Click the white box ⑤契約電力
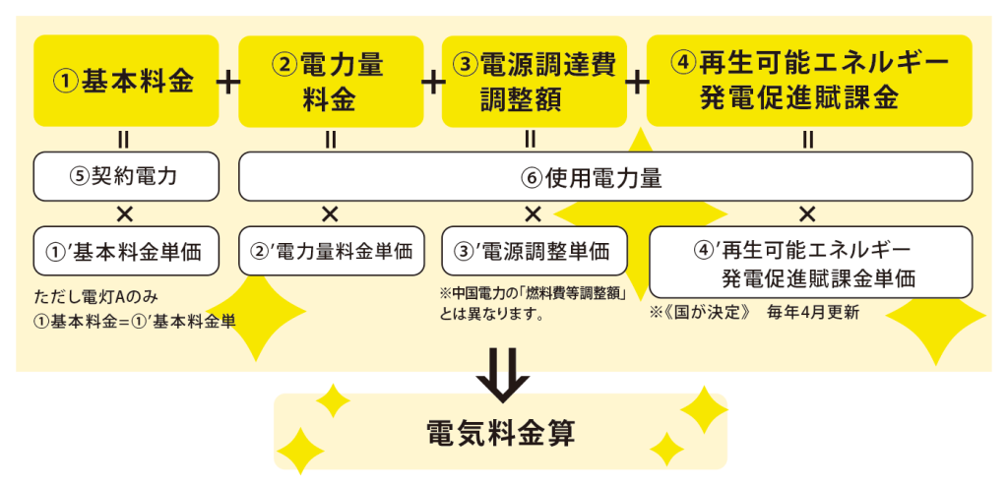(126, 177)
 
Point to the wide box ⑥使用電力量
(605, 178)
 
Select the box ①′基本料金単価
(126, 250)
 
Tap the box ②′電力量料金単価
(331, 250)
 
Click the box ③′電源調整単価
(534, 250)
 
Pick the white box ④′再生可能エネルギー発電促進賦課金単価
(810, 262)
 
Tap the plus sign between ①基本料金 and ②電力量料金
(227, 82)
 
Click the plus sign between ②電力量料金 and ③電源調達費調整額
(433, 82)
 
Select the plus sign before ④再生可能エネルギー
(637, 82)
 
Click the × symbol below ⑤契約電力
(126, 213)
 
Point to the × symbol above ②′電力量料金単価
(331, 213)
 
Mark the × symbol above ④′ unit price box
(807, 213)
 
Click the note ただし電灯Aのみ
(94, 296)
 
